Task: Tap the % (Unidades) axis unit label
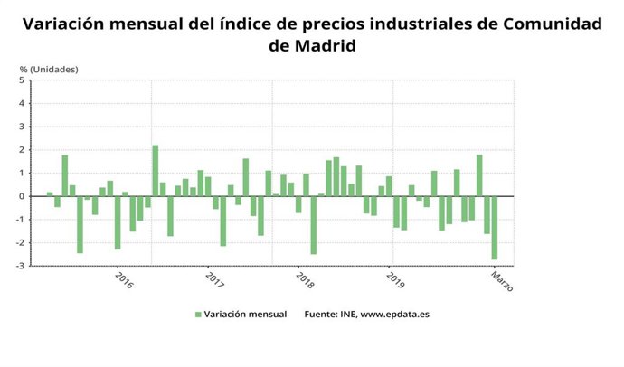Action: point(49,69)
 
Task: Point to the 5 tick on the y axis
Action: point(22,80)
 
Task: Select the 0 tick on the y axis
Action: point(22,196)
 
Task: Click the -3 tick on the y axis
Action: point(20,266)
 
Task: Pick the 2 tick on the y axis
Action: point(22,150)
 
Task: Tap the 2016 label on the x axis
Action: point(125,281)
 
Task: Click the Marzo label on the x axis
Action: point(503,285)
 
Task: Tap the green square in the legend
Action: point(198,315)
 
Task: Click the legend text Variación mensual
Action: point(246,315)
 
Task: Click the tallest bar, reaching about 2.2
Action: point(155,171)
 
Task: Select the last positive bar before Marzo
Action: point(479,175)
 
